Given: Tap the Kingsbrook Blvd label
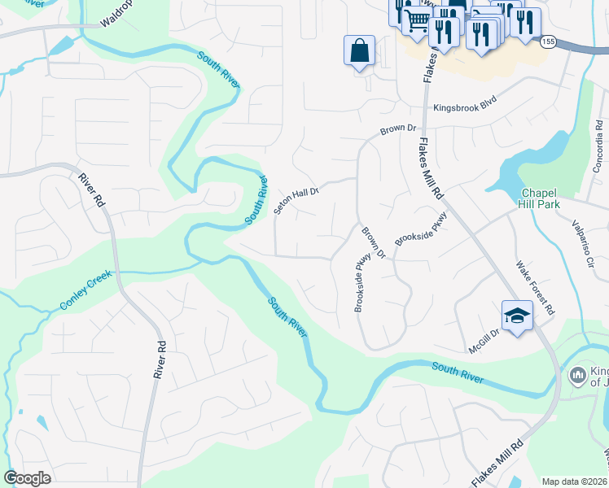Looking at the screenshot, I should (465, 107).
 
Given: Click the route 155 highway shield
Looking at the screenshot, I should (549, 41).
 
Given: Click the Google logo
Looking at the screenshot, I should (27, 478).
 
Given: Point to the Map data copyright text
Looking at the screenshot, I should (575, 481).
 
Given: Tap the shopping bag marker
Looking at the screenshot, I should (359, 51).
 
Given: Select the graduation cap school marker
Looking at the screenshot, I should (517, 316).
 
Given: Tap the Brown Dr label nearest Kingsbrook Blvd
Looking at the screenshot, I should (399, 129).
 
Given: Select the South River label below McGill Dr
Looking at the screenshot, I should (458, 373).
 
